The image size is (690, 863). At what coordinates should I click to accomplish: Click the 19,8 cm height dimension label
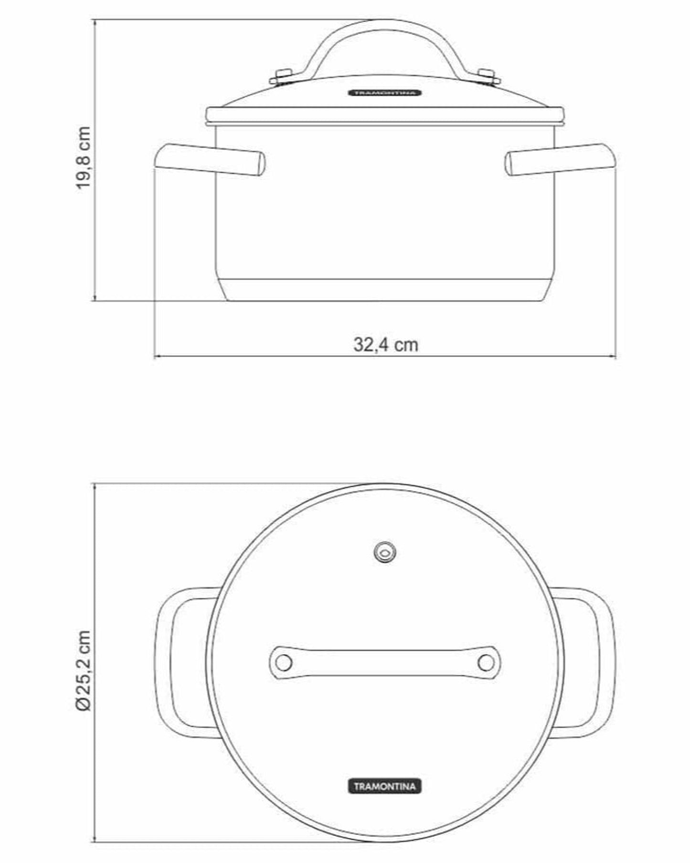pyautogui.click(x=84, y=158)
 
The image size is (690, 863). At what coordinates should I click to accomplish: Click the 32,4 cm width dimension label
pyautogui.click(x=385, y=345)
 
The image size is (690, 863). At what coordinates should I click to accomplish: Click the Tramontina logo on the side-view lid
pyautogui.click(x=385, y=93)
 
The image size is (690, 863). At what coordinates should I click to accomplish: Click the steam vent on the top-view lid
pyautogui.click(x=385, y=553)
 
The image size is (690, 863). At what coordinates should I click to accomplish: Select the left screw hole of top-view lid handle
pyautogui.click(x=284, y=663)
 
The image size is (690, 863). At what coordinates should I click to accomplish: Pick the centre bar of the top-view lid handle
pyautogui.click(x=385, y=663)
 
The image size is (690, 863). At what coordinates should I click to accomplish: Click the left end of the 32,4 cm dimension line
pyautogui.click(x=155, y=356)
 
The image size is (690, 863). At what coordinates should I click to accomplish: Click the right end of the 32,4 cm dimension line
pyautogui.click(x=615, y=356)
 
